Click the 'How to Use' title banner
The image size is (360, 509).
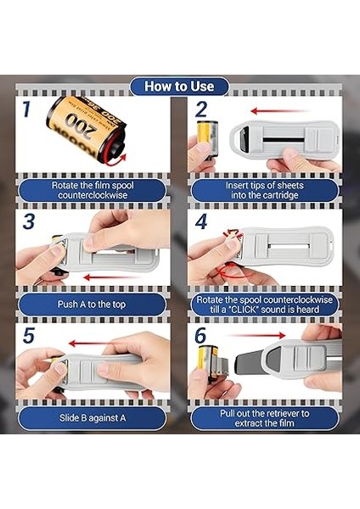(x=179, y=86)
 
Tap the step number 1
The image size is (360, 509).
(x=27, y=109)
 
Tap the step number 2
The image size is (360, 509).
(x=200, y=109)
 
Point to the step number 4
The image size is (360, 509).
(x=201, y=223)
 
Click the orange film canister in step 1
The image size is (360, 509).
(x=85, y=131)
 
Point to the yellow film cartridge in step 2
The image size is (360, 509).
(x=204, y=136)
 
